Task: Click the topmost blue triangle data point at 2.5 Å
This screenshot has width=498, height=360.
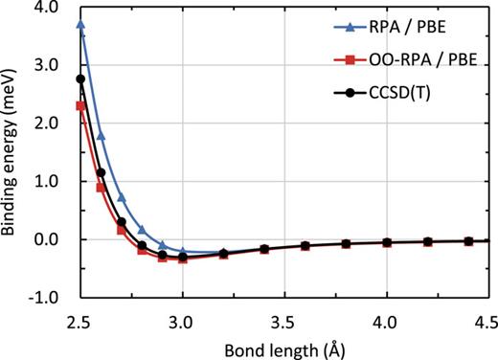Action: pyautogui.click(x=81, y=24)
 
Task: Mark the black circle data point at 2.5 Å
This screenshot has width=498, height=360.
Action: pyautogui.click(x=81, y=79)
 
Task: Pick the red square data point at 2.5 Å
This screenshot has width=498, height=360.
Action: pyautogui.click(x=81, y=105)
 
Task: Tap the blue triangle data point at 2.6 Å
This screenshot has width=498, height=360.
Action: pyautogui.click(x=102, y=136)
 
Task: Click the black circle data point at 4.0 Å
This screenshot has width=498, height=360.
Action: pyautogui.click(x=387, y=242)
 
